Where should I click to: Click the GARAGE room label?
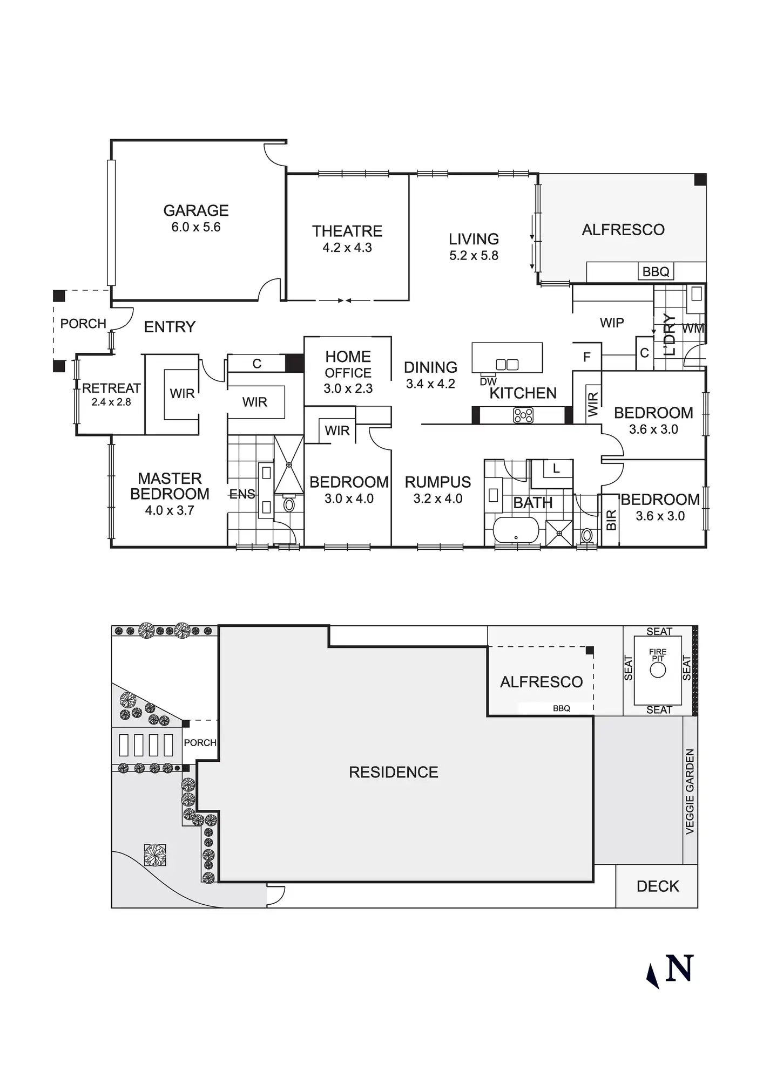click(196, 210)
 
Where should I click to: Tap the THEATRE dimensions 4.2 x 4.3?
click(347, 248)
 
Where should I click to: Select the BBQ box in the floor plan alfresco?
click(656, 271)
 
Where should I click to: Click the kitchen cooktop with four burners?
click(523, 415)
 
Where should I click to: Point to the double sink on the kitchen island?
click(507, 365)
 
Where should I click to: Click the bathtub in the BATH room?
click(516, 531)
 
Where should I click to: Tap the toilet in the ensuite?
click(289, 505)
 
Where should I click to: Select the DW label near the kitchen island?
click(488, 381)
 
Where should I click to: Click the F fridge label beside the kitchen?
click(587, 357)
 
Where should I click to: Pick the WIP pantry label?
click(612, 323)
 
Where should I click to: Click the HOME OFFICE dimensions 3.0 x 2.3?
click(348, 388)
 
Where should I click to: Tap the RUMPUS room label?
click(438, 482)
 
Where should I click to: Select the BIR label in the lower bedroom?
click(611, 521)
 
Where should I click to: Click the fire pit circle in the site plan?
click(658, 670)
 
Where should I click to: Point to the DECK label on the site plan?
click(658, 886)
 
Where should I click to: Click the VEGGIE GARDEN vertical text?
click(690, 791)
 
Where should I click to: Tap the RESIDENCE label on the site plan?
click(393, 772)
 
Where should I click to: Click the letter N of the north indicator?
click(679, 969)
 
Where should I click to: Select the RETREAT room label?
click(111, 388)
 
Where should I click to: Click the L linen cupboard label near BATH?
click(556, 469)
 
